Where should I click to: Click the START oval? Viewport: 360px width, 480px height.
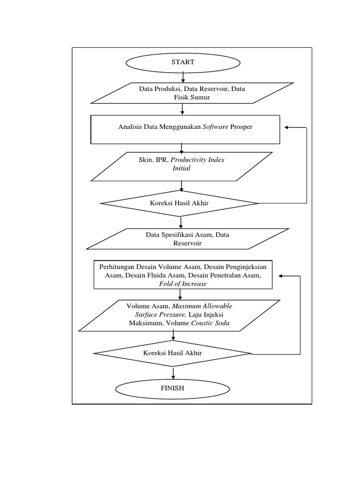(x=182, y=62)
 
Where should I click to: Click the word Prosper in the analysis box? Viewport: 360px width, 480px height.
(x=241, y=127)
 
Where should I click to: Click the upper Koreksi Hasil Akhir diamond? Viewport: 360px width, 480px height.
(x=180, y=203)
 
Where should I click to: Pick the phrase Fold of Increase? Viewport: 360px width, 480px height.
(x=183, y=284)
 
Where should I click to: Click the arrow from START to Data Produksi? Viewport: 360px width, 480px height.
(x=183, y=77)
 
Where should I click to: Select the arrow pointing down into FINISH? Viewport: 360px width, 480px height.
(x=173, y=373)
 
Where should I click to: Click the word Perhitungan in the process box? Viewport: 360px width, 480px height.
(x=115, y=267)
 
